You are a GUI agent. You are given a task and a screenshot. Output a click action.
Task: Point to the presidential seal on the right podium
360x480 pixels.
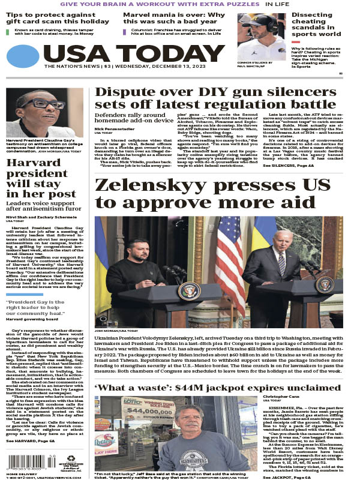coord(325,285)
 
